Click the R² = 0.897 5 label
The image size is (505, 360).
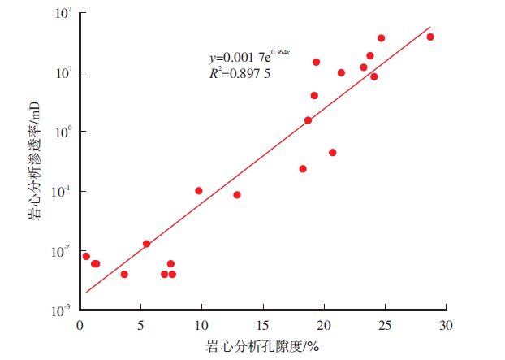[240, 73]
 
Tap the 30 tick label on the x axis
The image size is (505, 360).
[446, 326]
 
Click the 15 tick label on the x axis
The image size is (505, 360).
[262, 326]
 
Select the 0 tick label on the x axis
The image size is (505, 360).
[80, 326]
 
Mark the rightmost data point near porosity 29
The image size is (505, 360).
[430, 37]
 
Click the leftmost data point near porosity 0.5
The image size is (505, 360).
[86, 256]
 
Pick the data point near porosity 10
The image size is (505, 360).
[199, 191]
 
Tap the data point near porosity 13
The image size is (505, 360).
[237, 195]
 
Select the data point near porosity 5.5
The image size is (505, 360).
[146, 244]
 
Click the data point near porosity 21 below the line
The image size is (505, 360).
[333, 153]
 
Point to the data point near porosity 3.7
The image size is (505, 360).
[124, 275]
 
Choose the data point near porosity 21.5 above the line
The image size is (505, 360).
[341, 72]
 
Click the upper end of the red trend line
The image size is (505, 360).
[429, 27]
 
